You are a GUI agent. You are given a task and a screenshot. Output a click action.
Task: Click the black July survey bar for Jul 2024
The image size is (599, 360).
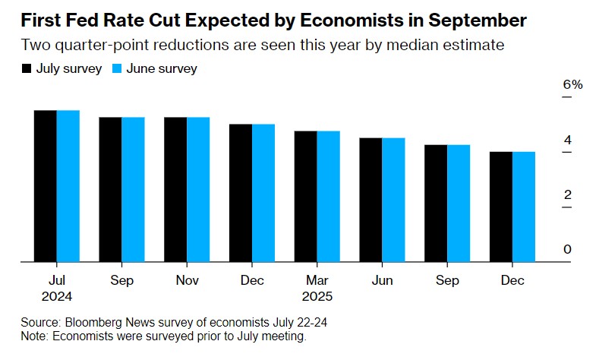pos(46,186)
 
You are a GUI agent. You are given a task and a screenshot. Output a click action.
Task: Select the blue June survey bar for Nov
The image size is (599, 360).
pos(198,190)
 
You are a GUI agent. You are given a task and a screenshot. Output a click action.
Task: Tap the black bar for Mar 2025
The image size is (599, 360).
pos(306,197)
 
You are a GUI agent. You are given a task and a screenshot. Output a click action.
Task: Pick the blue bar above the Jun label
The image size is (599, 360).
pos(393,200)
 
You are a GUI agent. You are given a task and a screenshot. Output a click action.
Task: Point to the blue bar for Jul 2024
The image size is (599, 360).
pos(68,186)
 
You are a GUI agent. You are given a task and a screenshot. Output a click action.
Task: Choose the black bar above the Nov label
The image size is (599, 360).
pos(175,190)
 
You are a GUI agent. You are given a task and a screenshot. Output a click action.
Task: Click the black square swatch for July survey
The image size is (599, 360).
pos(27,69)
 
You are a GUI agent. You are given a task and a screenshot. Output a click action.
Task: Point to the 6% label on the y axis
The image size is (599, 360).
pos(572,84)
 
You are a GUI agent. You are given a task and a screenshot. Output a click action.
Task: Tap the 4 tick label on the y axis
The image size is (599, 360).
pos(567,140)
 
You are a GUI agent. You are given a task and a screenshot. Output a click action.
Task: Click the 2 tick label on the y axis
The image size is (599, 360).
pos(567,195)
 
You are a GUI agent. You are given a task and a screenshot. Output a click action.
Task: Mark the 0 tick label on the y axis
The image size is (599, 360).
pos(567,250)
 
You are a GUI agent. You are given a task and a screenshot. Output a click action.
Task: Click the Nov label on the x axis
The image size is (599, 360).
pos(187,280)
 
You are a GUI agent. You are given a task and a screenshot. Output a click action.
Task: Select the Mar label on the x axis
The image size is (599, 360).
pos(317,280)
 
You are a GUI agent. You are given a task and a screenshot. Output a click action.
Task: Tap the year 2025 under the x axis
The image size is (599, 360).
pos(317,296)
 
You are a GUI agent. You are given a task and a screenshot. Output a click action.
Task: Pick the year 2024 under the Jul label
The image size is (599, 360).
pos(57,296)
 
